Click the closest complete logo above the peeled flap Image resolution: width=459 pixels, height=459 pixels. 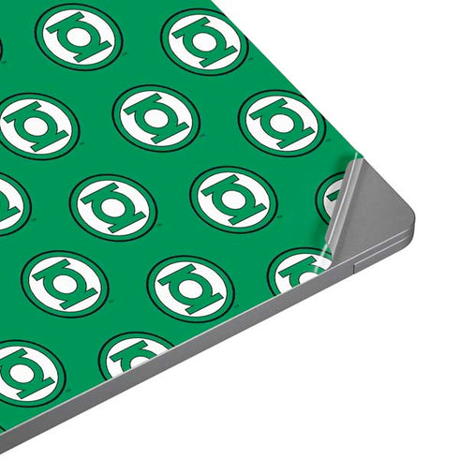(x=282, y=123)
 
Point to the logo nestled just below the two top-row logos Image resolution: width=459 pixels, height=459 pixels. (x=155, y=118)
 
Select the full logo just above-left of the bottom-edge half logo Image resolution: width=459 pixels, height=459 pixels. (x=65, y=282)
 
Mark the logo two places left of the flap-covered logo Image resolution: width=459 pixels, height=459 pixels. (x=112, y=205)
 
